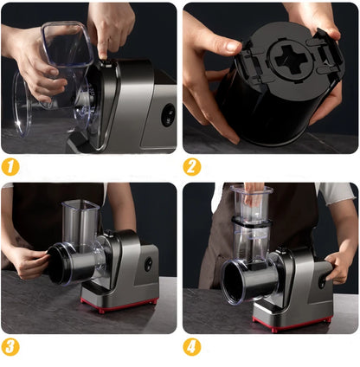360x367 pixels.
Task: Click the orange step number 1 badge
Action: pos(10,166)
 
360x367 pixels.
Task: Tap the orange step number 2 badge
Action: pos(192,166)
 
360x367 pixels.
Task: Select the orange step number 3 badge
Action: pos(10,347)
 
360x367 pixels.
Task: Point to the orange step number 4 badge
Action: pos(192,347)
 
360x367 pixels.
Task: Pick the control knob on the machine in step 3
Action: pos(149,262)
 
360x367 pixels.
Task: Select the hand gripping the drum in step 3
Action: pos(26,261)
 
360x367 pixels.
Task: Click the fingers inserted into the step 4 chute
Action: pos(252,193)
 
